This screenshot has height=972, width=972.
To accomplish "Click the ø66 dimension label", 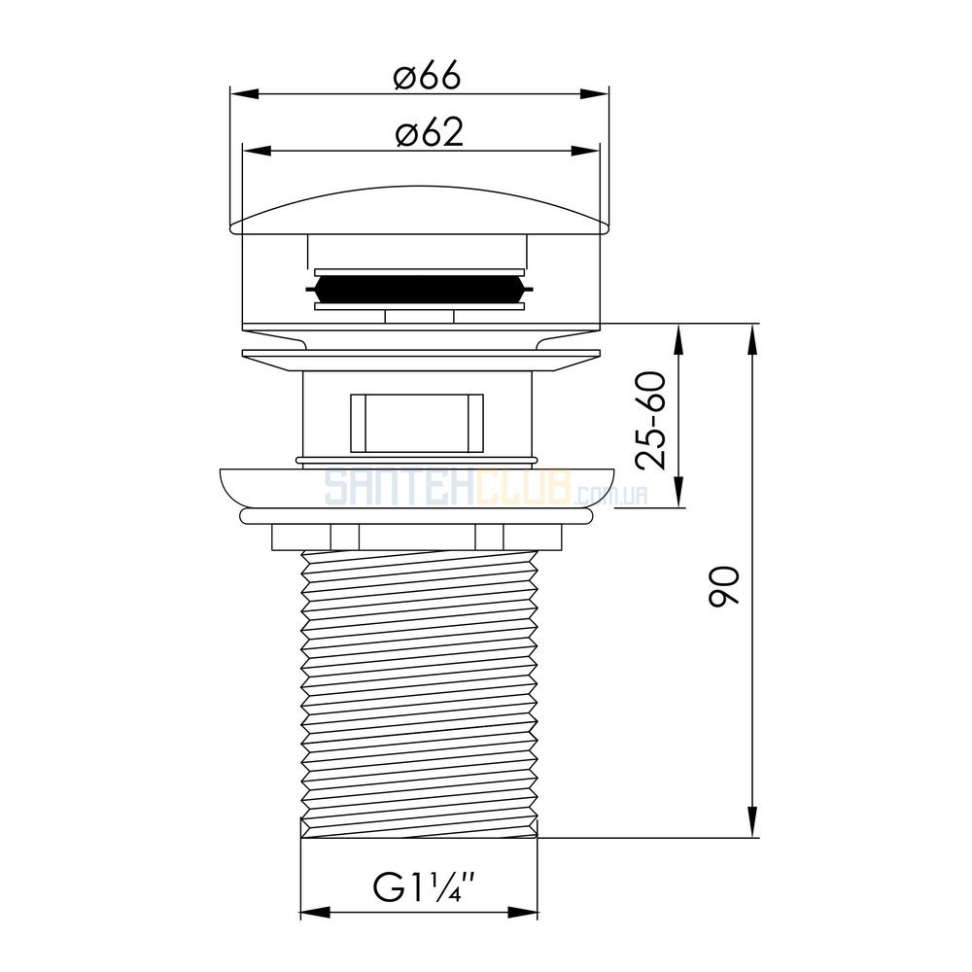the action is pyautogui.click(x=427, y=76).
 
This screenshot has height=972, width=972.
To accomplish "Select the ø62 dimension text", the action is pyautogui.click(x=429, y=132).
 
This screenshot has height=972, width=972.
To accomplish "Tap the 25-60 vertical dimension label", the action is pyautogui.click(x=651, y=420).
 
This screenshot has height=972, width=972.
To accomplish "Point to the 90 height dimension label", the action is pyautogui.click(x=724, y=586).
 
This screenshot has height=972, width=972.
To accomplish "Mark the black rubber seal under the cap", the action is pyautogui.click(x=420, y=289).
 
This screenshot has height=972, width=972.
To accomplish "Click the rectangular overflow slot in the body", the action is pyautogui.click(x=417, y=423).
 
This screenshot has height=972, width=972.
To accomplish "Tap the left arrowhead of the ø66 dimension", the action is pyautogui.click(x=244, y=94).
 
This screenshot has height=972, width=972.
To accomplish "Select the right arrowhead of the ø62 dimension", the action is pyautogui.click(x=586, y=151).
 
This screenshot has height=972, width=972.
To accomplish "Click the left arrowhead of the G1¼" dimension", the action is pyautogui.click(x=314, y=912).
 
